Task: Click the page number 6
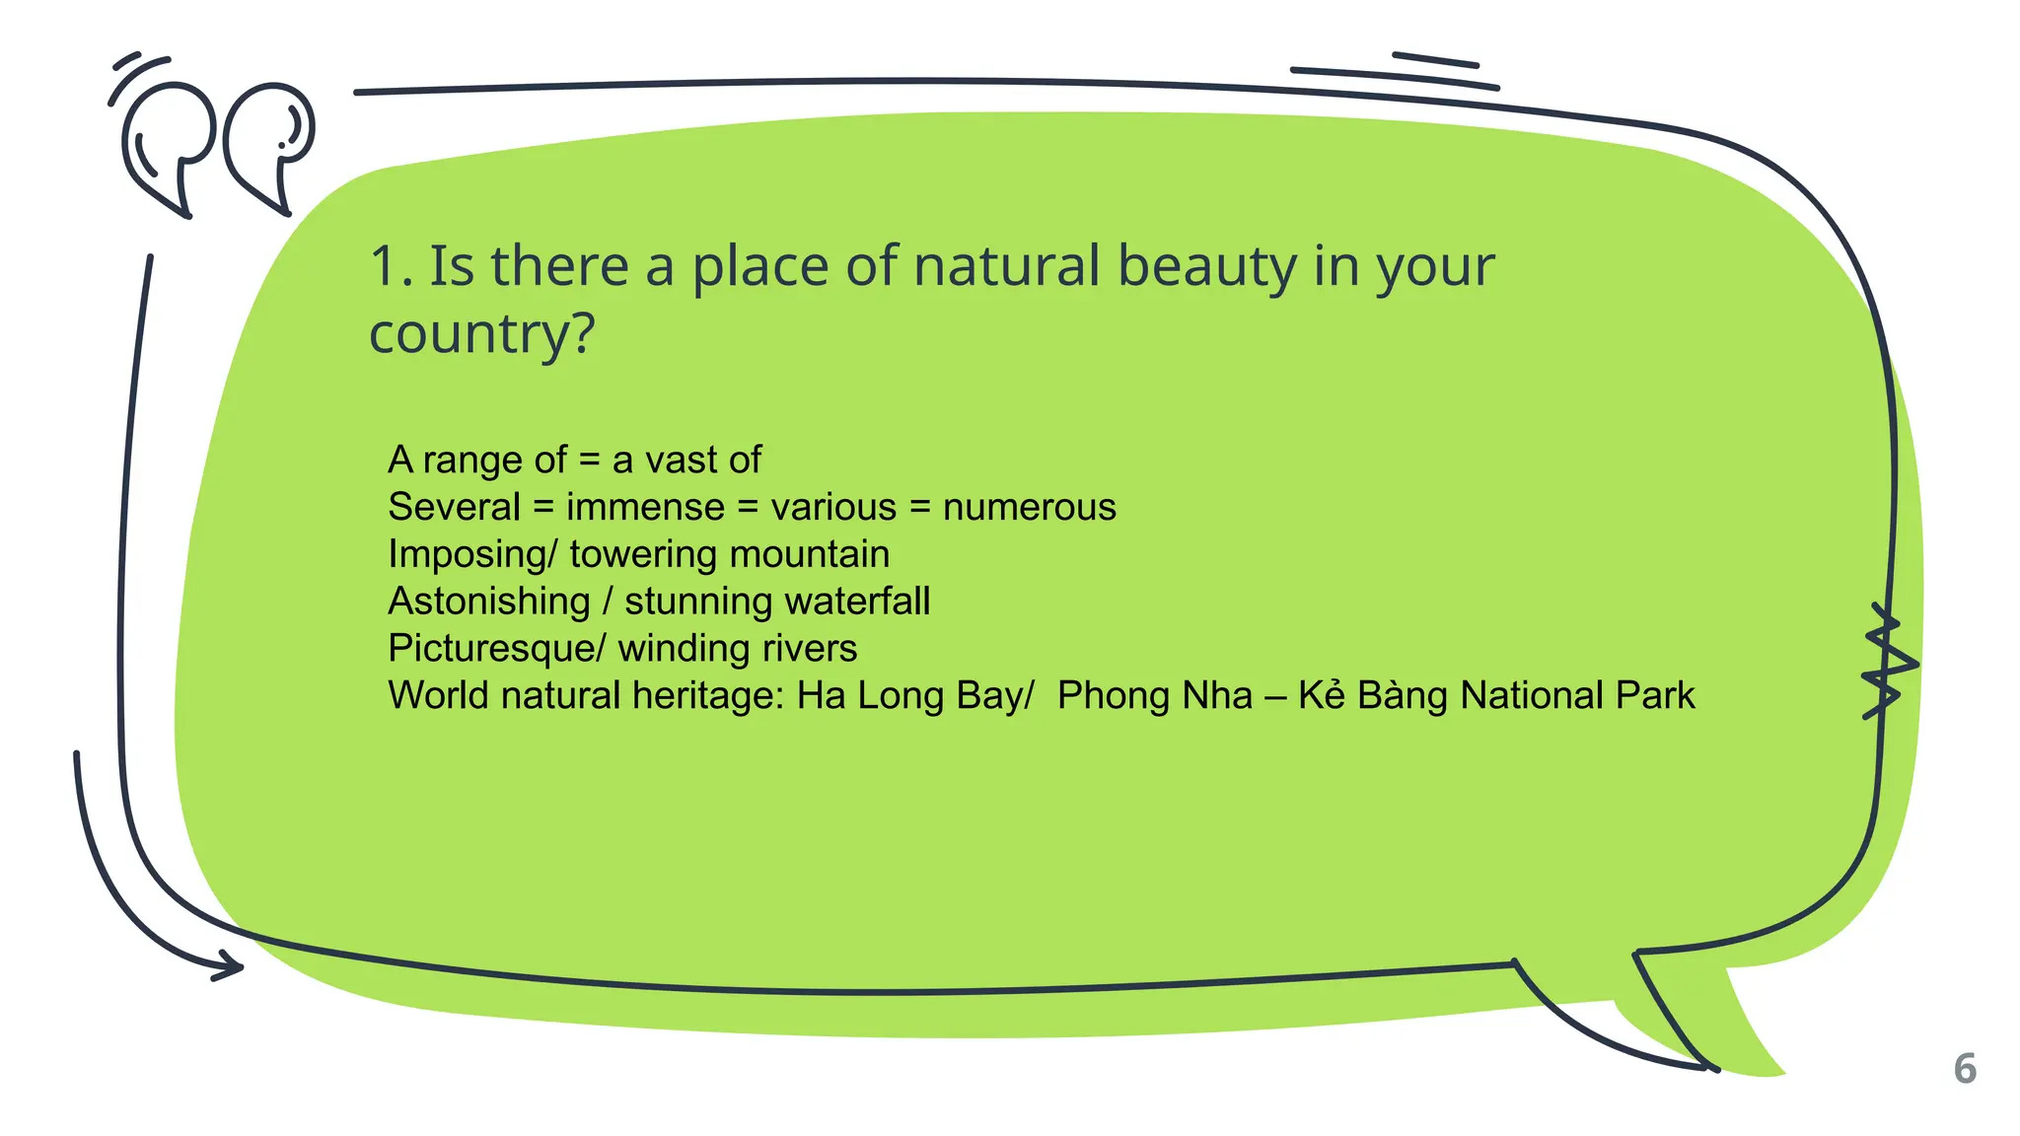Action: (x=1964, y=1069)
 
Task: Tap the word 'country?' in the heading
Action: (x=481, y=334)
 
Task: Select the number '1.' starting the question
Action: (x=391, y=267)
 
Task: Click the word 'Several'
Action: (x=454, y=507)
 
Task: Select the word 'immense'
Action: (x=645, y=507)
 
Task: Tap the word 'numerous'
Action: (x=1029, y=507)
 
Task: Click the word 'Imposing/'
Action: (x=472, y=554)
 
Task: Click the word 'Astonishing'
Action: (x=489, y=602)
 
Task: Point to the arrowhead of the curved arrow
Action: (x=229, y=966)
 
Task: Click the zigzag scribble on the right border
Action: (x=1888, y=662)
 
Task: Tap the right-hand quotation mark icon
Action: (x=269, y=143)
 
